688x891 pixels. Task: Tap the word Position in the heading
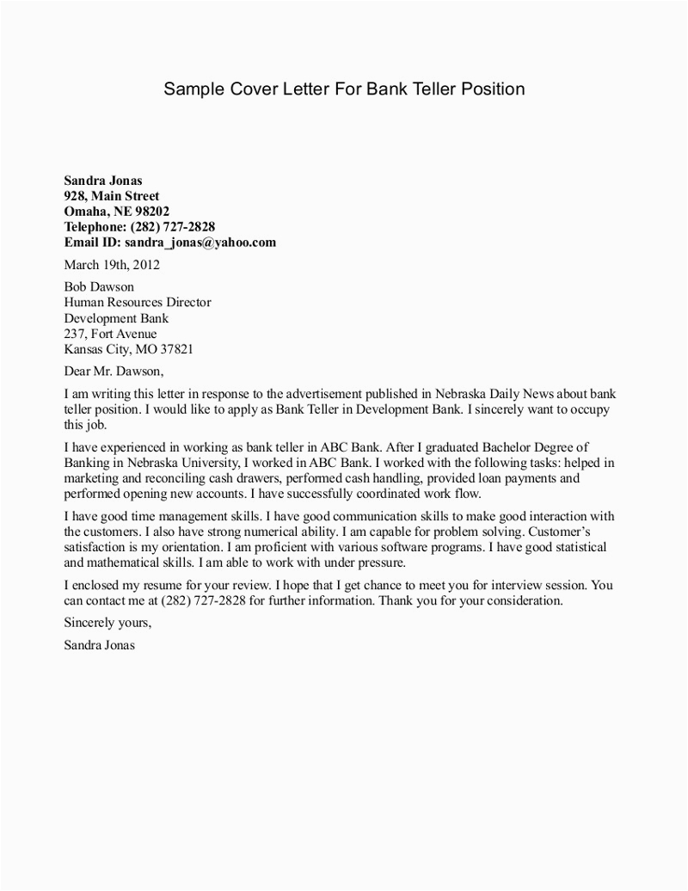click(x=492, y=89)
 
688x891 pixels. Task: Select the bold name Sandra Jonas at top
click(x=103, y=181)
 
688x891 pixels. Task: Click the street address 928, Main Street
click(x=112, y=196)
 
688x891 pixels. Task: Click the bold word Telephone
click(x=95, y=227)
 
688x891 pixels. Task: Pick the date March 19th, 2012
click(x=113, y=265)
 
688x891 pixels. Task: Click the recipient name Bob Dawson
click(x=100, y=287)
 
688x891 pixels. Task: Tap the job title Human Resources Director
click(x=138, y=303)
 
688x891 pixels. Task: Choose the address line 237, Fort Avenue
click(x=111, y=334)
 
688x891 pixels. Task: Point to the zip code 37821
click(x=175, y=349)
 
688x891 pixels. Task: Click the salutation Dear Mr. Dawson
click(x=114, y=372)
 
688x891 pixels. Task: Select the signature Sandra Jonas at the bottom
click(x=99, y=644)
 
